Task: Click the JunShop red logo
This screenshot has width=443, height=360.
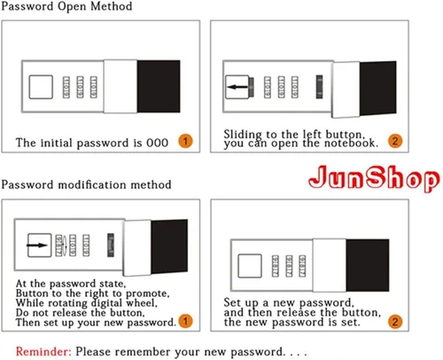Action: point(374,177)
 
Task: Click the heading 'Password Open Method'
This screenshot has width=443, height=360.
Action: point(66,6)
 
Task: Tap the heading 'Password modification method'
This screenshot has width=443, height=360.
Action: point(86,185)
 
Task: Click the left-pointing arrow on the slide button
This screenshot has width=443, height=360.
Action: point(237,87)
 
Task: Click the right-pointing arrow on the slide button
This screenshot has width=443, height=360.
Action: point(37,246)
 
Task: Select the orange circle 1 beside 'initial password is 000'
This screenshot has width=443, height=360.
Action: point(185,141)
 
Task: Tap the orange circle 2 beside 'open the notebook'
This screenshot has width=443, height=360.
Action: point(395,141)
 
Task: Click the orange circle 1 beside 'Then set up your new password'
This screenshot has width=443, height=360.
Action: point(185,321)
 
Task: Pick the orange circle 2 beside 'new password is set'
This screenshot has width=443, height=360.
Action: point(395,321)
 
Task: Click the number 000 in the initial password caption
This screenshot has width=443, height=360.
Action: point(158,143)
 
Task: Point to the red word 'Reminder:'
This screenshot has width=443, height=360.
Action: point(43,352)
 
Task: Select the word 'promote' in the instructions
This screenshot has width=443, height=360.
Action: point(148,293)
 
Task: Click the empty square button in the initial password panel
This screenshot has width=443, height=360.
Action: point(41,87)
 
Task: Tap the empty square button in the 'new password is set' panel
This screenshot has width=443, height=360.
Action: point(250,266)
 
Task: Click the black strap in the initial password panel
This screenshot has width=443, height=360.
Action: point(159,86)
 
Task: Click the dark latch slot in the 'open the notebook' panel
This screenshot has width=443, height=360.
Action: point(319,87)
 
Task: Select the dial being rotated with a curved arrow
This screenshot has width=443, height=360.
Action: point(59,246)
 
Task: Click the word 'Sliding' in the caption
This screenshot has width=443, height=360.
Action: point(243,135)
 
